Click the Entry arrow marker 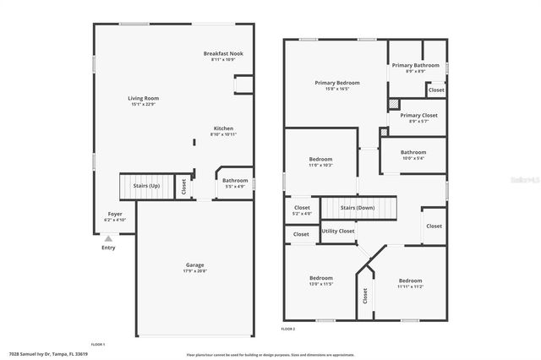tap(108, 239)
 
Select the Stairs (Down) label tap(358, 207)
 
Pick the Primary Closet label tap(413, 118)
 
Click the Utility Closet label tap(338, 231)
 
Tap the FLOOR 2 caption tap(288, 328)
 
